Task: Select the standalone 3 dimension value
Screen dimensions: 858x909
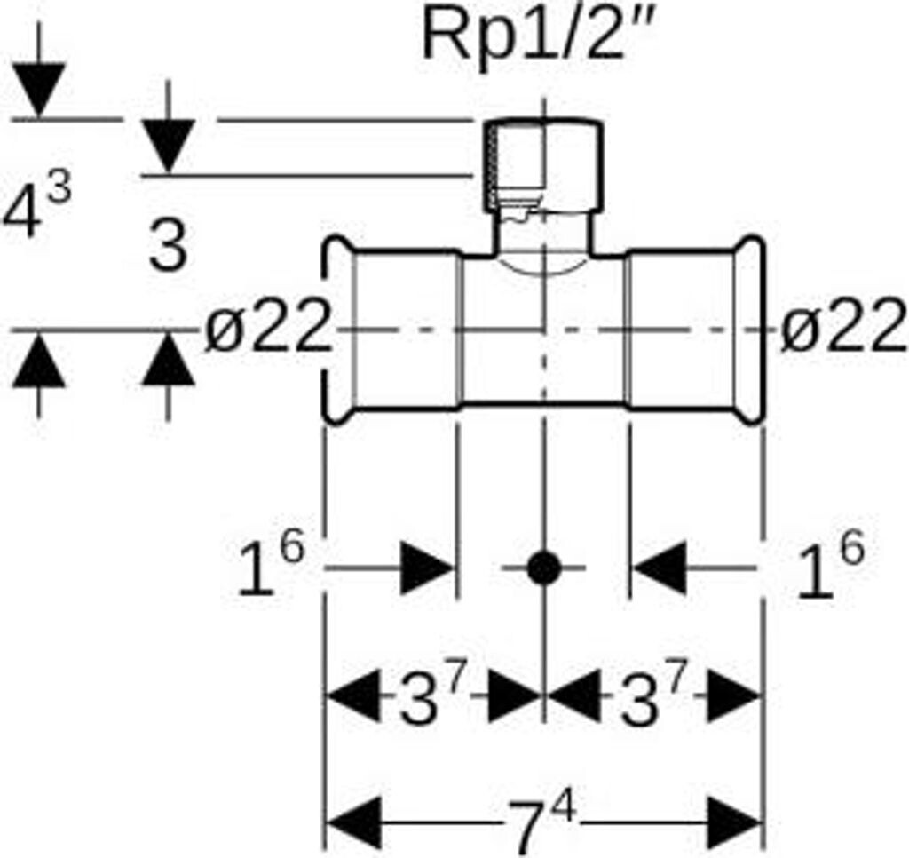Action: click(168, 246)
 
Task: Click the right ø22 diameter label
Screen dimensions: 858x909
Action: click(843, 332)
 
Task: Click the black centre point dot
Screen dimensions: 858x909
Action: click(543, 568)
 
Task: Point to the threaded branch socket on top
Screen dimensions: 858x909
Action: click(544, 164)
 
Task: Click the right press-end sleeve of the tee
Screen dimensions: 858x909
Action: click(692, 331)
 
